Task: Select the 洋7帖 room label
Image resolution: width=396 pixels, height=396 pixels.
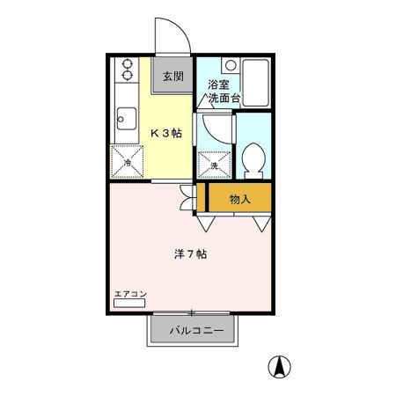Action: click(189, 253)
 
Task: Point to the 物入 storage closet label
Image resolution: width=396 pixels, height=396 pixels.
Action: click(239, 200)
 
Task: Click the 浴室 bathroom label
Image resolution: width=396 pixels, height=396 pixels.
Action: click(219, 85)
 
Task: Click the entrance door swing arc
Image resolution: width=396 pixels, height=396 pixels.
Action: click(172, 35)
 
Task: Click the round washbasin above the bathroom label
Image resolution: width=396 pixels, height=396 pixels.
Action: click(230, 65)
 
